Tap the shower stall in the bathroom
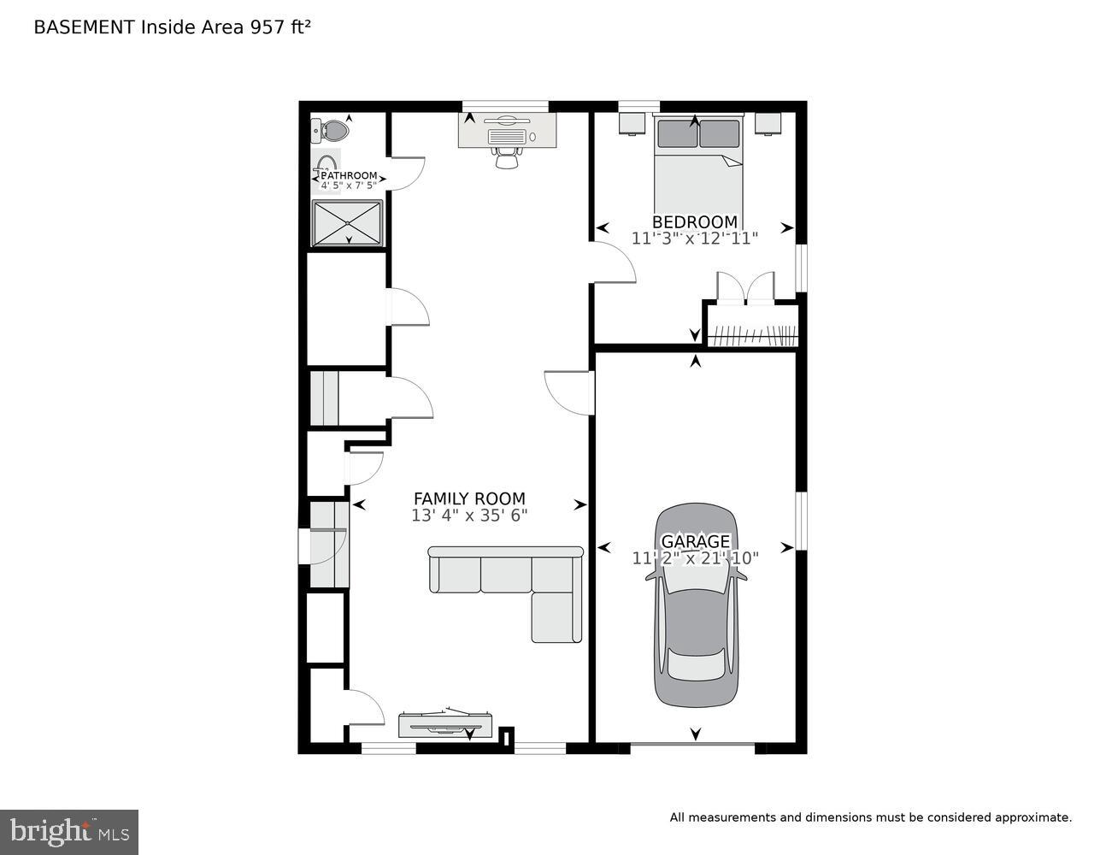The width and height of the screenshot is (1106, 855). [x=347, y=222]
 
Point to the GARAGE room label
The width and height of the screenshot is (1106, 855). [x=696, y=541]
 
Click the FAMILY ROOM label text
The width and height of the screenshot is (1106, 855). [x=469, y=498]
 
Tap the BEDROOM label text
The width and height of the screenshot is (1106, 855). [x=694, y=221]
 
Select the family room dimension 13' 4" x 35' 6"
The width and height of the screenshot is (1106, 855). [x=469, y=516]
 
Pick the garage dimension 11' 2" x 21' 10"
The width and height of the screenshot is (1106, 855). [x=696, y=558]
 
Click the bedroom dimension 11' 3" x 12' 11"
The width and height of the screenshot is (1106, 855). [x=694, y=239]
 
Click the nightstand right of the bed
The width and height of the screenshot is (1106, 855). [x=767, y=124]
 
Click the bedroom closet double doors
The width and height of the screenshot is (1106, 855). [x=745, y=288]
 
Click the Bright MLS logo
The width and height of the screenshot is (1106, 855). [x=69, y=831]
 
